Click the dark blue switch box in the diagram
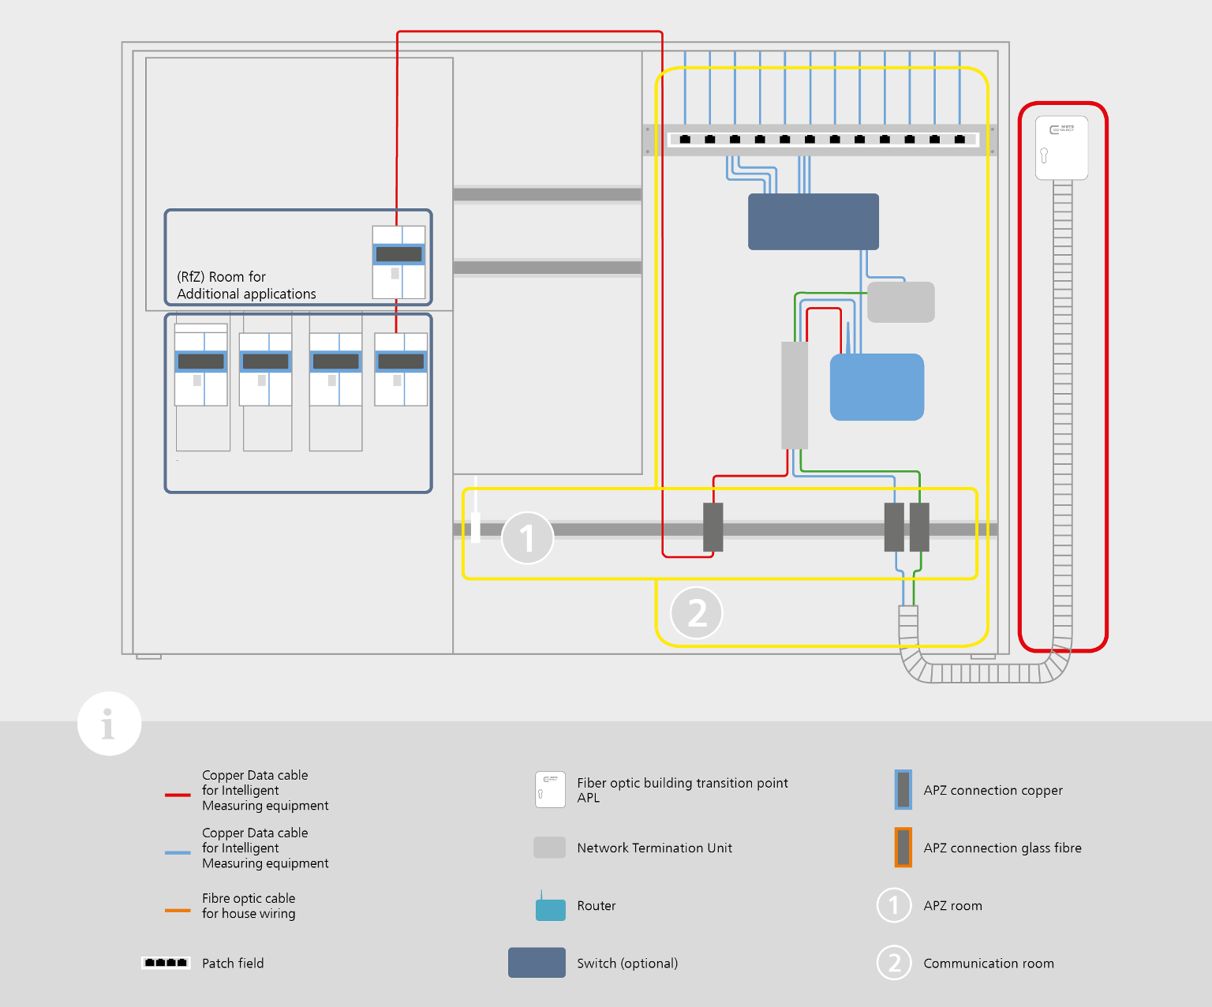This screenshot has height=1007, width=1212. (x=813, y=222)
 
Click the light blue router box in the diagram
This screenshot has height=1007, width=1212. (x=877, y=387)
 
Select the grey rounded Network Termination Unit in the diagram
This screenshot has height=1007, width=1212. (x=900, y=302)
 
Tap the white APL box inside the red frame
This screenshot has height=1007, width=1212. (x=1061, y=148)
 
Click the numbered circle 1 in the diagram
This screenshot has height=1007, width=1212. (x=527, y=538)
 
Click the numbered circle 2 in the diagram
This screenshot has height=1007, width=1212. (x=696, y=612)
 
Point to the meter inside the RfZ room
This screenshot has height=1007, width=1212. (x=398, y=262)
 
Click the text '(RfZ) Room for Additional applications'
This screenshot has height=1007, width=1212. (x=245, y=286)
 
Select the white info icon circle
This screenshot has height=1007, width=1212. (x=109, y=724)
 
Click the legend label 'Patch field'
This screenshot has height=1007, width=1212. (x=233, y=963)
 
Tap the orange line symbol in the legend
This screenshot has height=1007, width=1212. (x=178, y=910)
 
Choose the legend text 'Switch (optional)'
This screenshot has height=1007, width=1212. (x=627, y=963)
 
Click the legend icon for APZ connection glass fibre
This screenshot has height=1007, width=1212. (x=903, y=848)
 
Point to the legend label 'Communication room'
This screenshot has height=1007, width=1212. (x=988, y=963)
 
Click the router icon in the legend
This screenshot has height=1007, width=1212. (x=550, y=908)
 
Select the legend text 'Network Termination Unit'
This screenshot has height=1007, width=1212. (x=654, y=848)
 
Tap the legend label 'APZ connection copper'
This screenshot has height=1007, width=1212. (x=993, y=790)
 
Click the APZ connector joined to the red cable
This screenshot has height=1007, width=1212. (x=713, y=527)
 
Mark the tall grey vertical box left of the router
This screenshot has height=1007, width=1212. (x=795, y=395)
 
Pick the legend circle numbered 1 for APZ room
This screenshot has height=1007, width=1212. (x=893, y=905)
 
